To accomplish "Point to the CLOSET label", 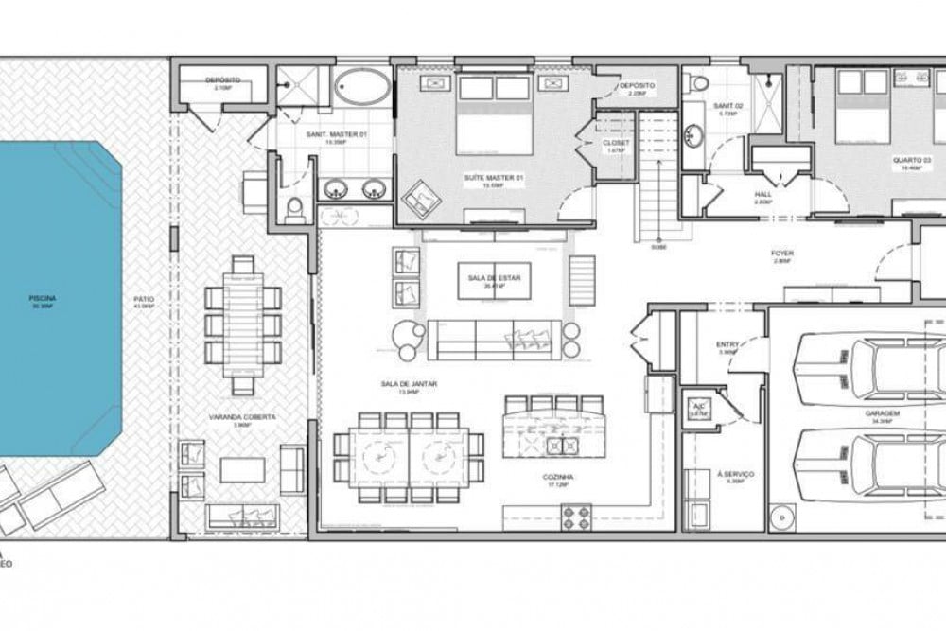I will (615, 143).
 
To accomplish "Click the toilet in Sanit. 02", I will (699, 83).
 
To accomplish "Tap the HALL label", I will (763, 194).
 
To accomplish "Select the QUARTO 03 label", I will (905, 160).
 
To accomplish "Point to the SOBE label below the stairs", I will (658, 248).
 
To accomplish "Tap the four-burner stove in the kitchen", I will (577, 517).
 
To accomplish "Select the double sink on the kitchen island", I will (554, 445).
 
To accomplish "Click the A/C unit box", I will (698, 410).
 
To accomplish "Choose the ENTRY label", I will (727, 345).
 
